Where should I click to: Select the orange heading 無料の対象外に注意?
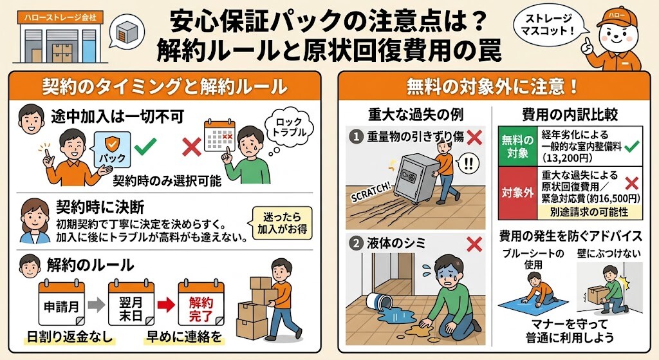click(492, 86)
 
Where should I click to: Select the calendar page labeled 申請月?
click(62, 302)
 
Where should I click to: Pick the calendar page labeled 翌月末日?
click(131, 302)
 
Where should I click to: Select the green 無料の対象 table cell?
click(518, 147)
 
